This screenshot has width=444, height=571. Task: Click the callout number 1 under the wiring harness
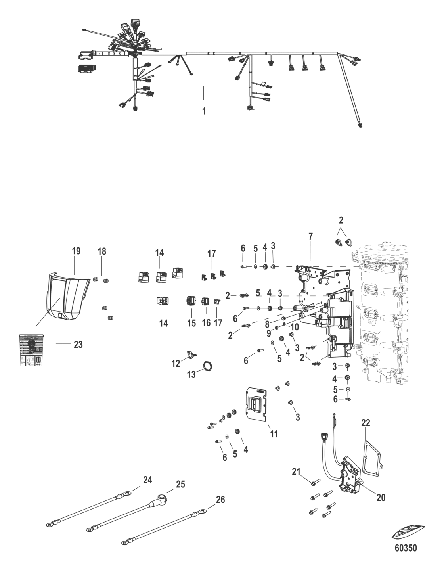(204, 111)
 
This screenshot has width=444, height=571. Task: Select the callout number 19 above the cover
(76, 251)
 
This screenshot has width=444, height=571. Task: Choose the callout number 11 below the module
(274, 434)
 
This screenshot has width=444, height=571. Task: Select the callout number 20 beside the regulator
(381, 497)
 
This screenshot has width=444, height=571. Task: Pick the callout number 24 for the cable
(147, 480)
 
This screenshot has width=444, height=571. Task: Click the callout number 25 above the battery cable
(180, 485)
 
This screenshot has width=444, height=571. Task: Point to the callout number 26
(220, 500)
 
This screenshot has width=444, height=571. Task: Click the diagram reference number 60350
(406, 548)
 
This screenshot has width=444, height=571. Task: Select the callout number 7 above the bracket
(310, 237)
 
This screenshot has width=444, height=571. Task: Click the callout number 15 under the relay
(191, 323)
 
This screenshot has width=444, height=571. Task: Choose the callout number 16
(206, 323)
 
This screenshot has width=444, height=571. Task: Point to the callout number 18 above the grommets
(102, 251)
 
